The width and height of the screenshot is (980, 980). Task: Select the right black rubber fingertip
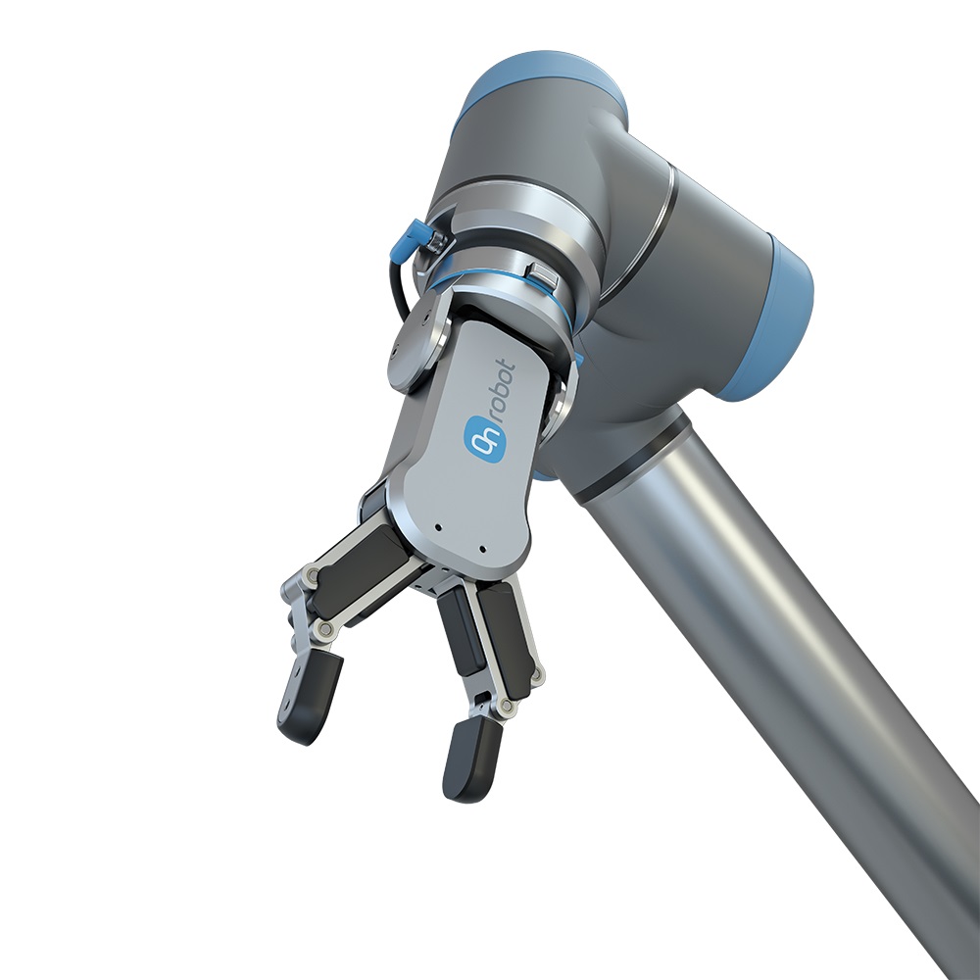tap(472, 760)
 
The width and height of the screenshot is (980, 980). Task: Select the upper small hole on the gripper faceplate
tap(438, 527)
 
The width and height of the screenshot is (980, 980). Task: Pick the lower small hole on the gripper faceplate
tap(482, 550)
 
